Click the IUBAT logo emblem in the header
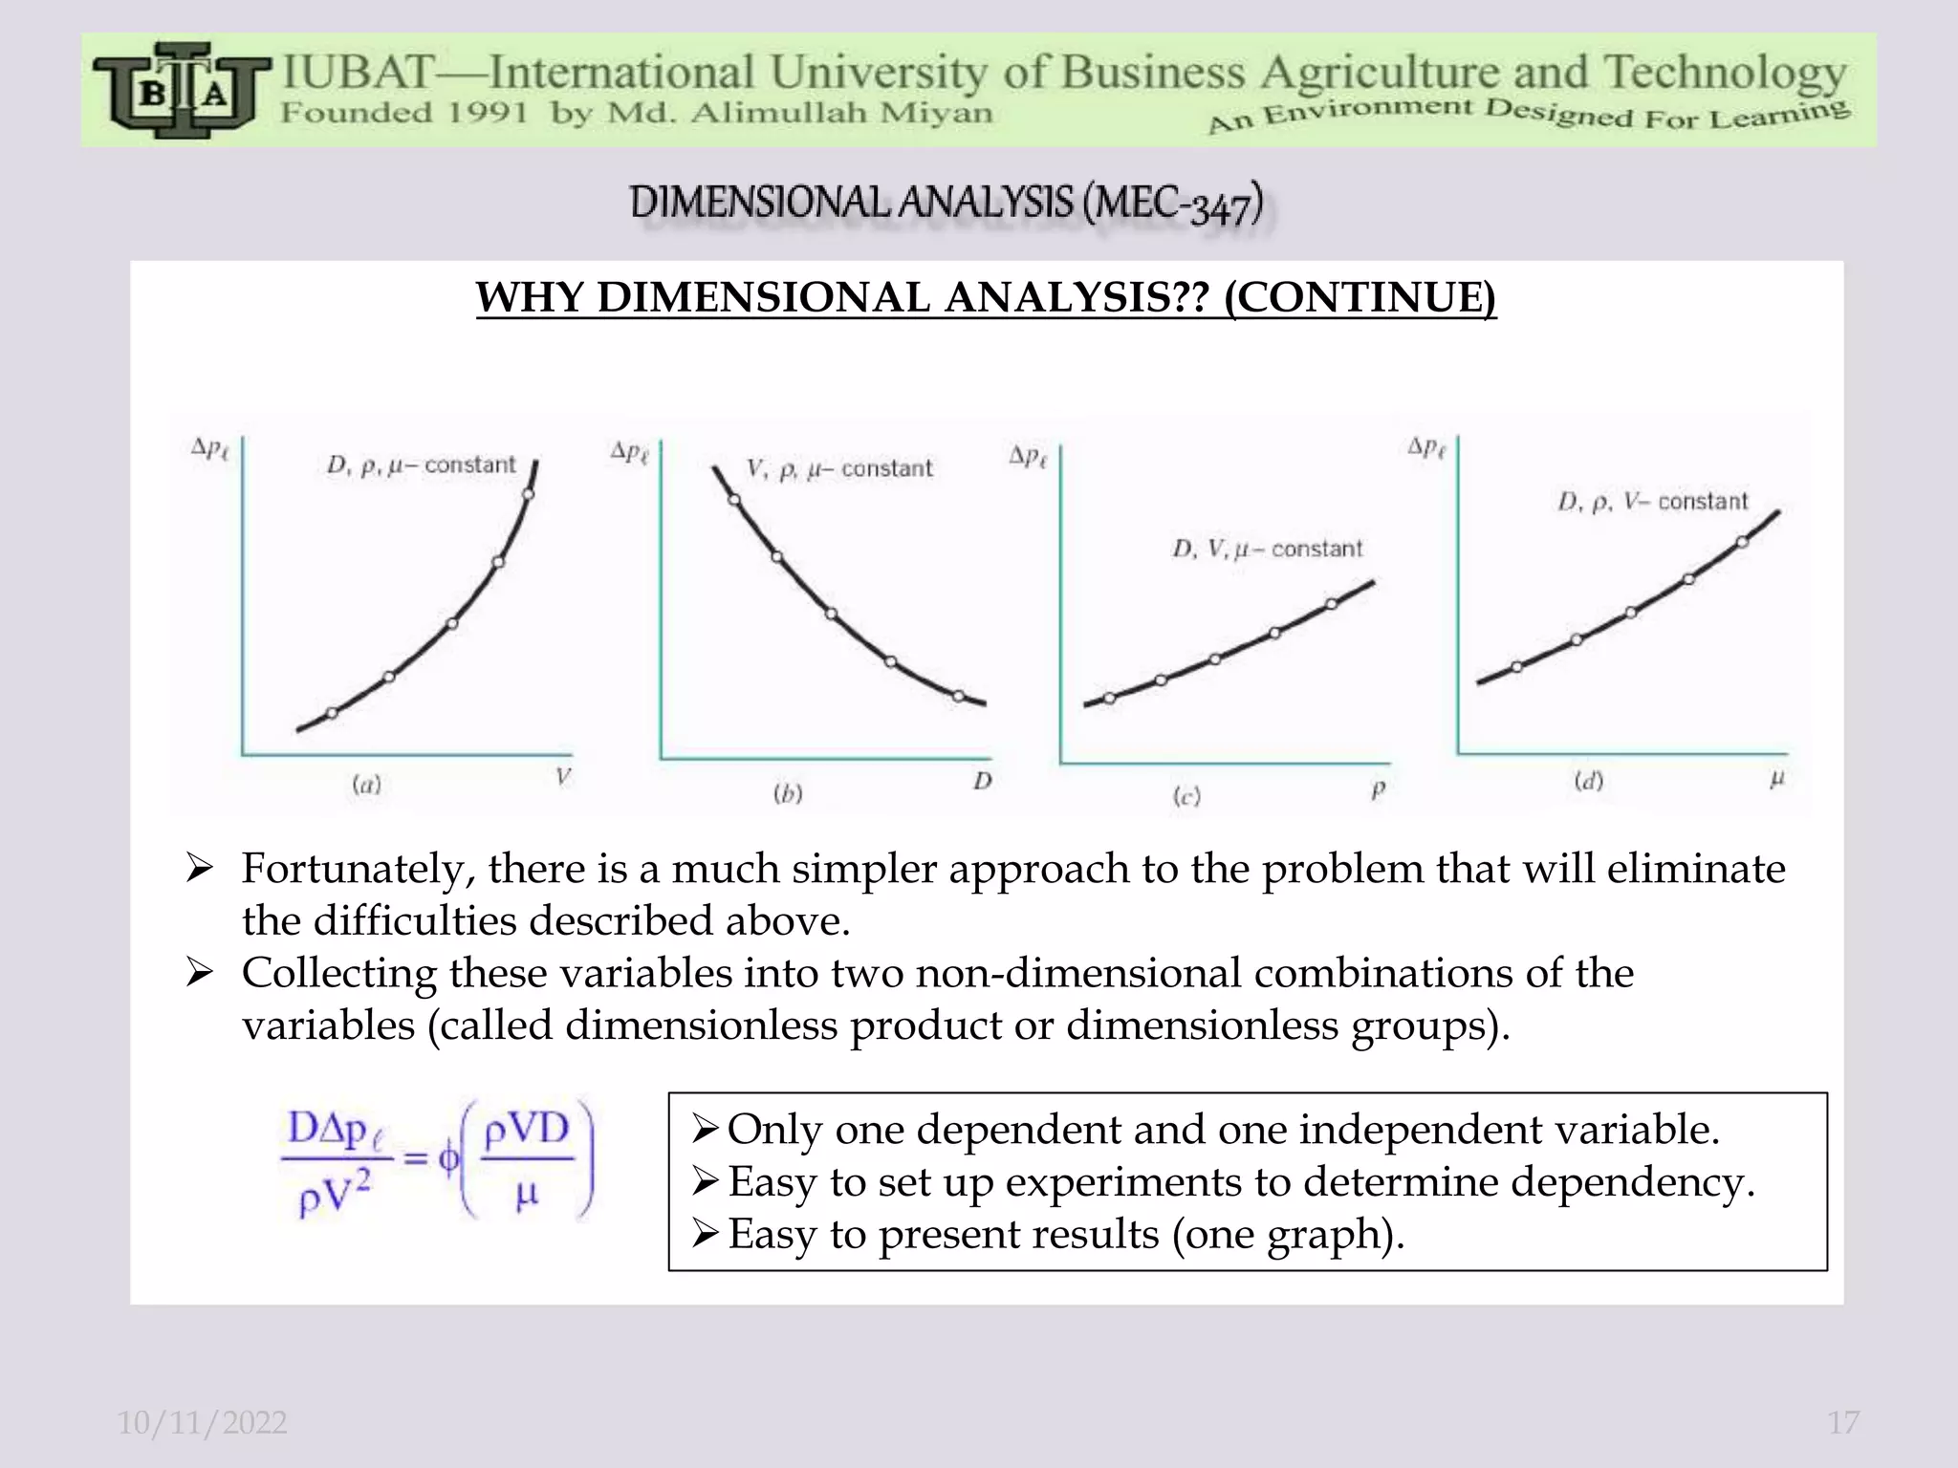click(x=178, y=91)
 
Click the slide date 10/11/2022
click(x=202, y=1422)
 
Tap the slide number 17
click(x=1843, y=1422)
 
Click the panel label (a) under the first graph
click(x=366, y=786)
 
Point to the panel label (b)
click(x=788, y=794)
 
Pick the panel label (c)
click(x=1186, y=796)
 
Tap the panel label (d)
click(x=1588, y=782)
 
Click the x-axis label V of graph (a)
click(x=563, y=777)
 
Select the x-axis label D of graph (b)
click(x=983, y=782)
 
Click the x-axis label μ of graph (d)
click(x=1776, y=780)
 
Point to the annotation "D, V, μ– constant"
click(x=1267, y=550)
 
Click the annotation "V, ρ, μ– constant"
click(x=838, y=469)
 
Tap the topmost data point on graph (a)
click(x=529, y=494)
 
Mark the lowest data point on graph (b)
click(x=959, y=696)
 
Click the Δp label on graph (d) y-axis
click(x=1426, y=447)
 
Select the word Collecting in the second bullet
click(x=338, y=974)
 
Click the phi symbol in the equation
click(x=447, y=1159)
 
